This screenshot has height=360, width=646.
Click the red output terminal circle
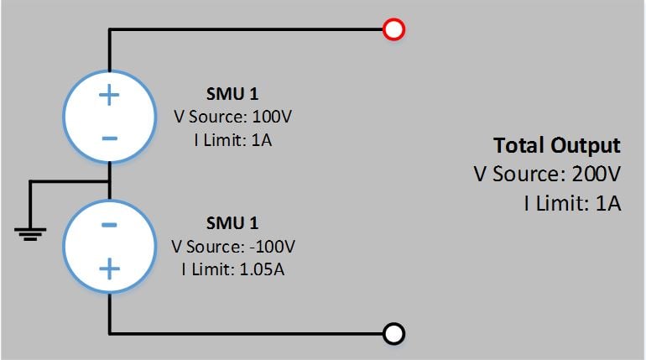(393, 30)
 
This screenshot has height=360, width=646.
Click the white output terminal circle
(393, 334)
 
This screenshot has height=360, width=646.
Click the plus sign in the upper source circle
(110, 94)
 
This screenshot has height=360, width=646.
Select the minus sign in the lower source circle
(110, 225)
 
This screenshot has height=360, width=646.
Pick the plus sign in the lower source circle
(110, 269)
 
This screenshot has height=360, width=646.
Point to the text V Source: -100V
(233, 247)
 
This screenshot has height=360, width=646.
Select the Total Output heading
(556, 145)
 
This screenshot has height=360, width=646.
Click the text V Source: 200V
(547, 175)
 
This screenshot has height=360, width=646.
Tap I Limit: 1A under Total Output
(572, 202)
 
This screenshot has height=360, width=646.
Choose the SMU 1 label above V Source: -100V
(232, 223)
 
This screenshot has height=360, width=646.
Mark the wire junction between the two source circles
(110, 180)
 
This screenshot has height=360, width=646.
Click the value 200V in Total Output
(597, 175)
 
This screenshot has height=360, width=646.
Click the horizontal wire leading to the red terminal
(252, 30)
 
